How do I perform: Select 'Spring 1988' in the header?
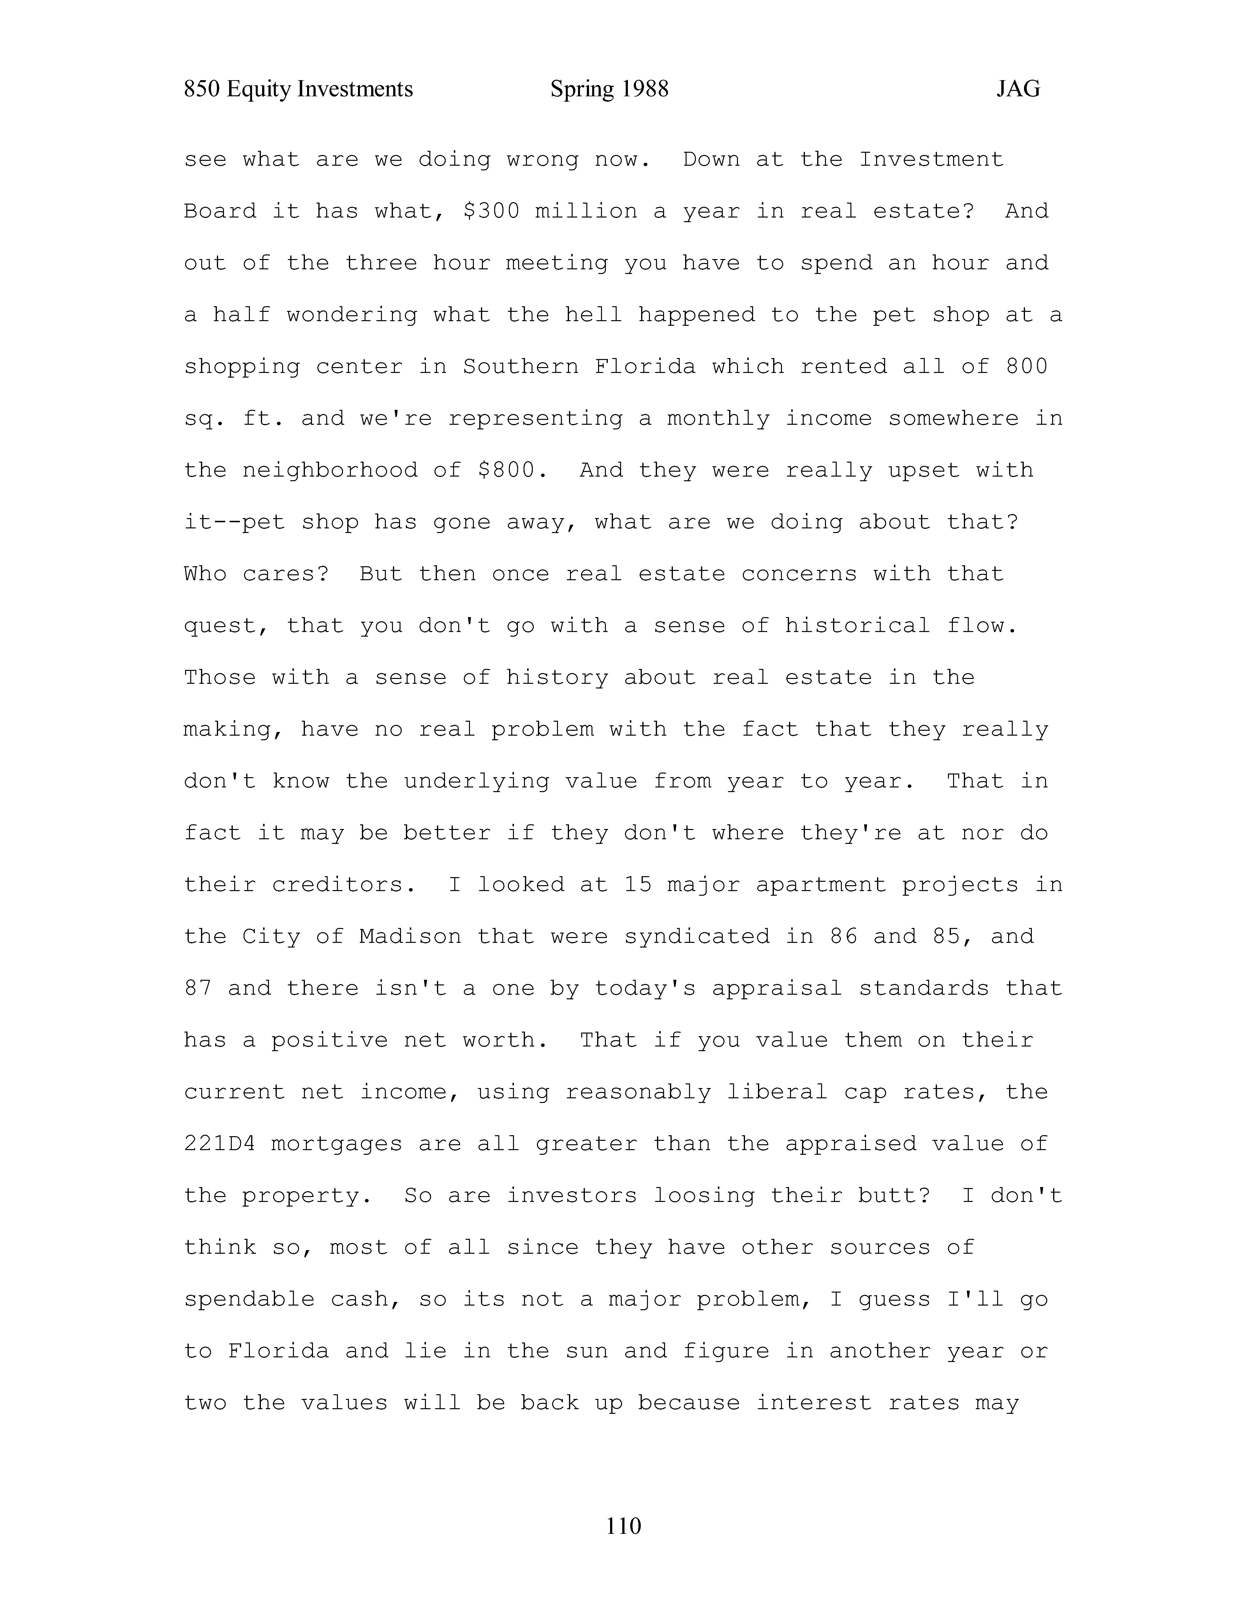click(x=610, y=89)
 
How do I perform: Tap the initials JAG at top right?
click(x=1018, y=89)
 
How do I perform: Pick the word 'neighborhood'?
click(x=330, y=470)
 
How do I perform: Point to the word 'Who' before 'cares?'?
click(x=205, y=574)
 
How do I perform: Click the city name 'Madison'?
click(x=410, y=937)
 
